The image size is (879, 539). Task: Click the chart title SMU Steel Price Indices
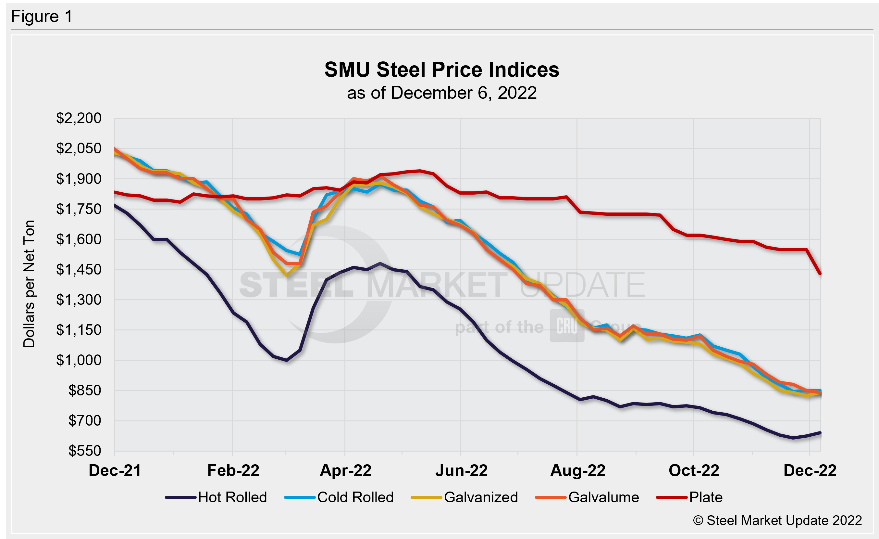442,70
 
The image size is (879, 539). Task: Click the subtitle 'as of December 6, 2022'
442,93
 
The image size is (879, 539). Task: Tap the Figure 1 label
42,17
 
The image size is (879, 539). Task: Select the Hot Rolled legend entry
232,497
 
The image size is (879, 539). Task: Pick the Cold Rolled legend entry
355,497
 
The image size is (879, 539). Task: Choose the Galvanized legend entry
480,497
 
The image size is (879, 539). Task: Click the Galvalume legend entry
603,497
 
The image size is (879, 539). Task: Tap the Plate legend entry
705,497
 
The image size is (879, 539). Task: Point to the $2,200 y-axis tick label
79,118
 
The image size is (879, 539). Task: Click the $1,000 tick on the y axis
79,360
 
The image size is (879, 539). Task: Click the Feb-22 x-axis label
233,470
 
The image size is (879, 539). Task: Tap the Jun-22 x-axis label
461,470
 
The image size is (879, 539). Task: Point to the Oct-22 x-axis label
694,470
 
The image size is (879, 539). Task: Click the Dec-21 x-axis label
115,470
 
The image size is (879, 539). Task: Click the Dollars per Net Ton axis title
29,284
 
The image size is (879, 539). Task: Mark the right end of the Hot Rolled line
821,433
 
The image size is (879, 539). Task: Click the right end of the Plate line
821,274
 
